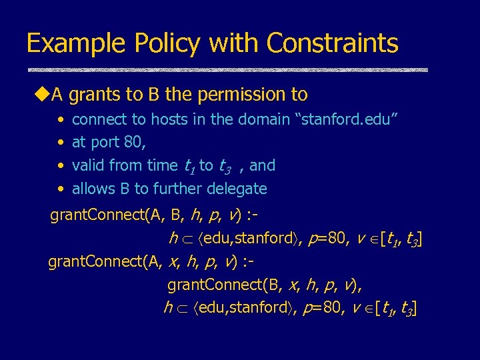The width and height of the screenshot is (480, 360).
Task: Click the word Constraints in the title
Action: [332, 44]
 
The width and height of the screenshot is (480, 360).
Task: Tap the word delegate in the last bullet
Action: [237, 189]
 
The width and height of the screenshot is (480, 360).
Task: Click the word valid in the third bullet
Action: [87, 165]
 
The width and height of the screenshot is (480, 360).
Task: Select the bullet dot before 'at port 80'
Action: [61, 143]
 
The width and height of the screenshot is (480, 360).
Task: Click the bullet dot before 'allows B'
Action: [61, 189]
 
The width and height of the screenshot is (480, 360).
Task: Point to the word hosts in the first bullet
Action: [169, 119]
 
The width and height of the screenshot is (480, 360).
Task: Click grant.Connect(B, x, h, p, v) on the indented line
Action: [264, 285]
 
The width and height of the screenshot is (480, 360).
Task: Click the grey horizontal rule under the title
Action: [227, 69]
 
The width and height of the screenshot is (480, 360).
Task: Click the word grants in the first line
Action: [91, 95]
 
